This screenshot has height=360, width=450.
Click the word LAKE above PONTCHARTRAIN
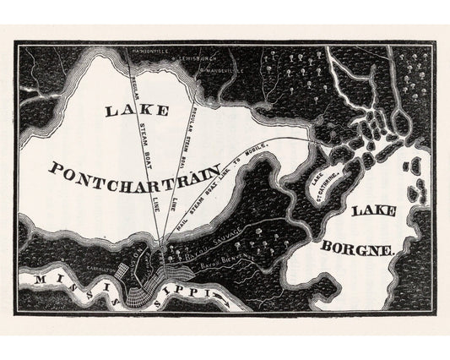click(133, 110)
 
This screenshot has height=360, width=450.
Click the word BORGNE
click(360, 250)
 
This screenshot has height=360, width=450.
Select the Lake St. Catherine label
click(320, 183)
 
